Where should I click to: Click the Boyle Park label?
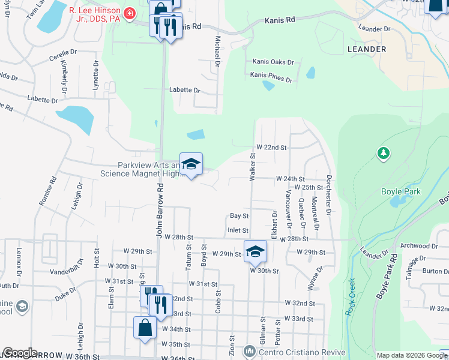click(x=401, y=191)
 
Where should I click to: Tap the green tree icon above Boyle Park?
click(x=383, y=154)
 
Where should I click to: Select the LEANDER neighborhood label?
click(x=367, y=49)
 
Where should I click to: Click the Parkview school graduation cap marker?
click(x=191, y=164)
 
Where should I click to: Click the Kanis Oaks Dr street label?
click(x=273, y=62)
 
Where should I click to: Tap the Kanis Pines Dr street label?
click(x=272, y=79)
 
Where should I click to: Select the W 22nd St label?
click(x=272, y=147)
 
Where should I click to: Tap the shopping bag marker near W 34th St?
click(x=145, y=328)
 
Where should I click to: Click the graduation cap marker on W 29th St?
click(x=255, y=251)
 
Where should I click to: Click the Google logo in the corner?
click(x=19, y=353)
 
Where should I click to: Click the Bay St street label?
click(x=240, y=216)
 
